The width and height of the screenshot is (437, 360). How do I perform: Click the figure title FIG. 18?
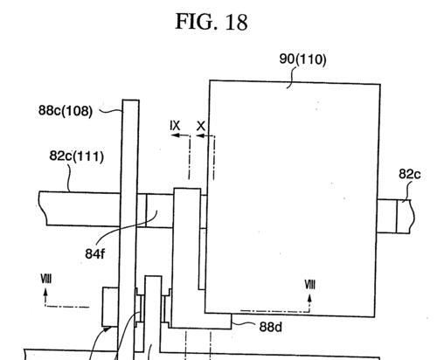(212, 22)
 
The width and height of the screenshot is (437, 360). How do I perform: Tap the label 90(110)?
(302, 59)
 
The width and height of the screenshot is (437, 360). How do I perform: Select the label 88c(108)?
(66, 111)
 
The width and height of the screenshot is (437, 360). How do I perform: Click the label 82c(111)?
(77, 156)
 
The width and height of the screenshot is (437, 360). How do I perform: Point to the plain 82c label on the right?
(410, 174)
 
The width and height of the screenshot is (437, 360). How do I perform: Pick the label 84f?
(94, 253)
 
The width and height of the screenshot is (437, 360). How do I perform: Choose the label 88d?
(271, 327)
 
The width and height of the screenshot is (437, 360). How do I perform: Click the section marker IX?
(175, 126)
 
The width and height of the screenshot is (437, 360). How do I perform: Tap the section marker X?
(201, 126)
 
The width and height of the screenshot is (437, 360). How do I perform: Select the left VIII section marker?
(46, 279)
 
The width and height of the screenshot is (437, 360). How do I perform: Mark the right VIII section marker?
(309, 284)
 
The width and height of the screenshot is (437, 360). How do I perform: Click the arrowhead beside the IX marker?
(175, 135)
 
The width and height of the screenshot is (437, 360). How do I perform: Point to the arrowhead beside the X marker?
(200, 135)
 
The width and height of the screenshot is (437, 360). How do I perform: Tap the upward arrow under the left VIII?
(45, 296)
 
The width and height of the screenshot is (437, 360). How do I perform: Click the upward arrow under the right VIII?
(309, 303)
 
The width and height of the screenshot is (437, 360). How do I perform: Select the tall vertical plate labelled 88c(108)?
(128, 227)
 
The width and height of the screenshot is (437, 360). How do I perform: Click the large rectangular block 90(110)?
(292, 198)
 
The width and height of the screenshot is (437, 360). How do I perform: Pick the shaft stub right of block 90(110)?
(394, 216)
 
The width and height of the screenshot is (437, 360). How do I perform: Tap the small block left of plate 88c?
(110, 307)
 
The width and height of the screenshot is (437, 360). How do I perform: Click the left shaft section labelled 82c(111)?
(80, 209)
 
